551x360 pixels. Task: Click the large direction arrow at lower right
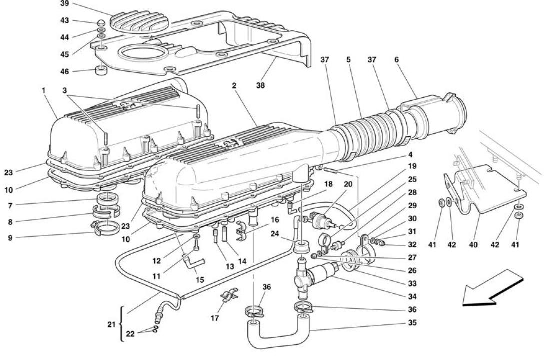(x=492, y=287)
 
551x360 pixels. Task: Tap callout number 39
(x=64, y=4)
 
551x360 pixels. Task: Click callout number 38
(x=260, y=85)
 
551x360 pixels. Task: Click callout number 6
(x=396, y=60)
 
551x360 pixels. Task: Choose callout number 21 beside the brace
(x=111, y=325)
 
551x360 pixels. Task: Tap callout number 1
(x=43, y=90)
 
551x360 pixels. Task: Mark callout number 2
(x=234, y=85)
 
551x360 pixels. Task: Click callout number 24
(x=275, y=233)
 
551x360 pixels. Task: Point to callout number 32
(x=412, y=245)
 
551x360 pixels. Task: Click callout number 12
(x=157, y=261)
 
